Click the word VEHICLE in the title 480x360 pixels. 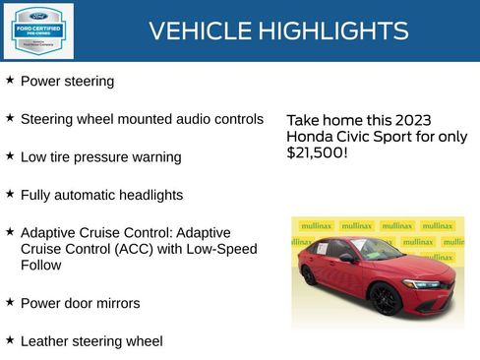pyautogui.click(x=201, y=31)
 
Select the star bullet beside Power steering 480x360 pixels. pyautogui.click(x=10, y=79)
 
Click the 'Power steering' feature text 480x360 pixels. pyautogui.click(x=67, y=81)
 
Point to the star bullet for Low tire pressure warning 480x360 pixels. pyautogui.click(x=10, y=155)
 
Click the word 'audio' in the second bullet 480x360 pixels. pyautogui.click(x=197, y=119)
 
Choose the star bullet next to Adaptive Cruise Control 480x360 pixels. pyautogui.click(x=10, y=231)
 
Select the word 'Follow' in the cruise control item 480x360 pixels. pyautogui.click(x=41, y=265)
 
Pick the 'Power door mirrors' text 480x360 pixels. pyautogui.click(x=80, y=303)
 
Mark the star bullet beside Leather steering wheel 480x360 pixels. pyautogui.click(x=10, y=339)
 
